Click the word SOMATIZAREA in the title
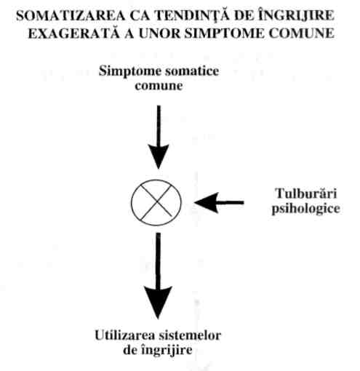(71, 16)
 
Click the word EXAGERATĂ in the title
(74, 33)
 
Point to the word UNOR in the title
(159, 33)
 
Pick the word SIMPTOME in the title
(224, 33)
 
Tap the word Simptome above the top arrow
(130, 72)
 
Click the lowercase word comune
(159, 86)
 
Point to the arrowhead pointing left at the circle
(207, 203)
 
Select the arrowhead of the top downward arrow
(159, 156)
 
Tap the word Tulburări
(306, 194)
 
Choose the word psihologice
(306, 209)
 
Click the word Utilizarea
(125, 335)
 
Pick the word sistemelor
(190, 335)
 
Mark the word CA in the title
(140, 16)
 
